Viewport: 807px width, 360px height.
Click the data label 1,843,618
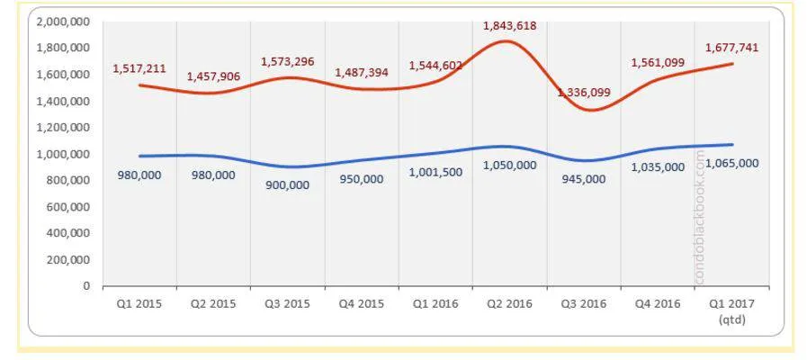[x=510, y=26]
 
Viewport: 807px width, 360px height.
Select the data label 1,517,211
[x=139, y=68]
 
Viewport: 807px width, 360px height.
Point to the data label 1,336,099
[x=584, y=92]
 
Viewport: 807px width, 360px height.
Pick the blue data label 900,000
[x=287, y=184]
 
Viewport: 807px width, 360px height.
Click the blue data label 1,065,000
[x=732, y=163]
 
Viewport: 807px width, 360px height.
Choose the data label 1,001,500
[x=435, y=172]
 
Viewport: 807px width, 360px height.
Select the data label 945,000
[x=584, y=179]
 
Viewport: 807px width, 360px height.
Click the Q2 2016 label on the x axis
[x=509, y=303]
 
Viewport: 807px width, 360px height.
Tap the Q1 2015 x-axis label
[x=139, y=303]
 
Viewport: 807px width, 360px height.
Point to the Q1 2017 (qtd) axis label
[x=731, y=310]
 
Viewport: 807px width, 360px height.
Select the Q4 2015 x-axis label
[x=362, y=303]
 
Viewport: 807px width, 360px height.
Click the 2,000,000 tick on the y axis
[x=64, y=22]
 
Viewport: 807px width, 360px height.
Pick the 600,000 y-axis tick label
[x=70, y=206]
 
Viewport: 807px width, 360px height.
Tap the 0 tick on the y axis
[x=86, y=285]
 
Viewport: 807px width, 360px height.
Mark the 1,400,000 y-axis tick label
[x=64, y=101]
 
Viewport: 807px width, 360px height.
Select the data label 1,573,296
[x=287, y=62]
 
